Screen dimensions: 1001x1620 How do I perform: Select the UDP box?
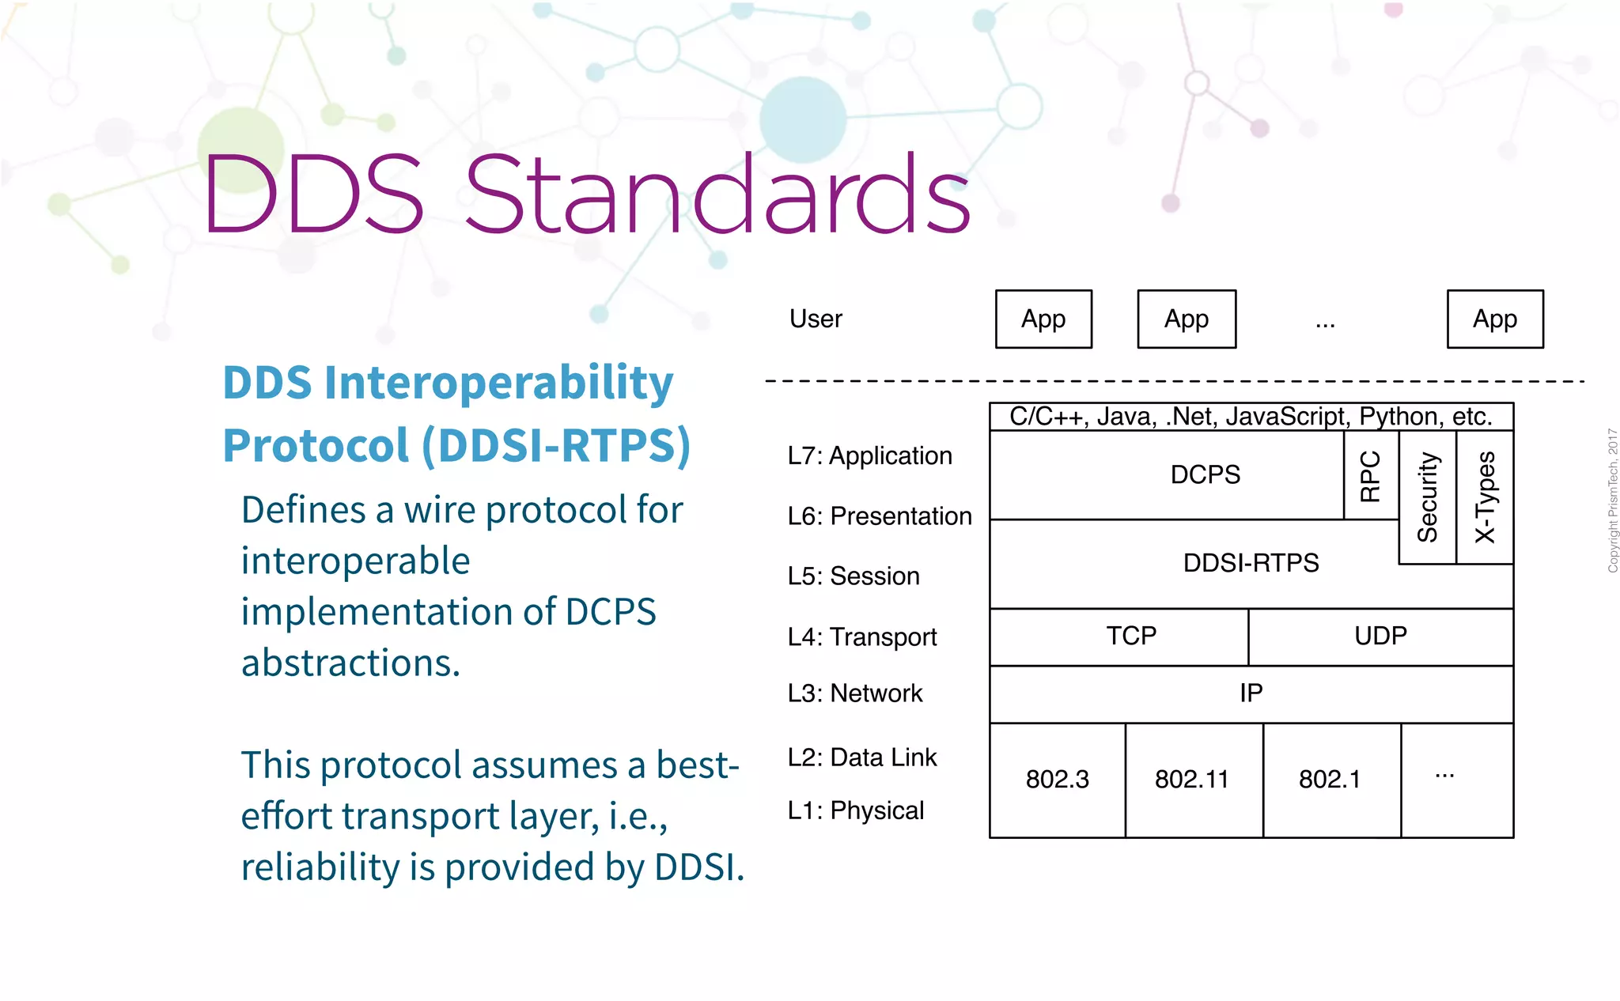click(x=1380, y=636)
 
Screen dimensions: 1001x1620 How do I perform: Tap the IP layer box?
click(x=1251, y=693)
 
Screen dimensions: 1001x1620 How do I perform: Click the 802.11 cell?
click(x=1192, y=780)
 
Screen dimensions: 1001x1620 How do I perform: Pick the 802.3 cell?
click(x=1057, y=780)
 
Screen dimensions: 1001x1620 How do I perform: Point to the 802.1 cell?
click(x=1330, y=780)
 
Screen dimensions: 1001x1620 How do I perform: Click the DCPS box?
click(x=1205, y=474)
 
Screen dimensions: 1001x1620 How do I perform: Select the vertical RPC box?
click(x=1370, y=476)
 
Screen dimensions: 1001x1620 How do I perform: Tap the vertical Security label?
click(x=1427, y=497)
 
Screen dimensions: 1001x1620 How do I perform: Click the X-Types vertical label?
click(x=1485, y=497)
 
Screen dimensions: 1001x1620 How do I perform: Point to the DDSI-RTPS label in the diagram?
click(x=1251, y=563)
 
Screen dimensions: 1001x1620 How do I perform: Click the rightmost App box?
click(x=1494, y=319)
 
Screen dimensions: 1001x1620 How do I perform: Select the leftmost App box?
click(x=1043, y=319)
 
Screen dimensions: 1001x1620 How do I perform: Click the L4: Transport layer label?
click(x=861, y=636)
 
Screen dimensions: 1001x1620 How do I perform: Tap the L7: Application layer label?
click(x=869, y=456)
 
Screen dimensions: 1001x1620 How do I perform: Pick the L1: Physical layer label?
click(x=855, y=810)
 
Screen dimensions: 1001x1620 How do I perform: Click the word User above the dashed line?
click(x=816, y=319)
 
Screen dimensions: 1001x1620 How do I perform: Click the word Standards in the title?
click(x=717, y=195)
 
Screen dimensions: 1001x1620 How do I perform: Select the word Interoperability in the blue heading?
click(x=498, y=383)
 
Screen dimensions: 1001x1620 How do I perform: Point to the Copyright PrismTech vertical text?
click(x=1612, y=500)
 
